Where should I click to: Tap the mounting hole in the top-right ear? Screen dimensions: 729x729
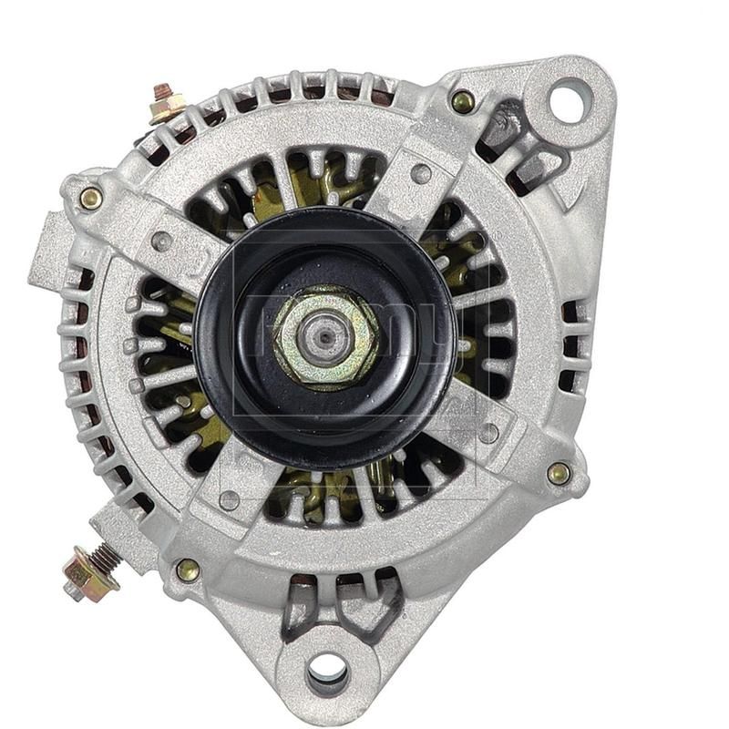569,99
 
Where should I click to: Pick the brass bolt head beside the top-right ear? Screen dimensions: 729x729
463,100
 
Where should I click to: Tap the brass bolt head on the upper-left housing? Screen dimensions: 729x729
91,198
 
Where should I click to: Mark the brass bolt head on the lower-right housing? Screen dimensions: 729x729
559,473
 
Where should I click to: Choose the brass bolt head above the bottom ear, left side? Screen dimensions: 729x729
188,570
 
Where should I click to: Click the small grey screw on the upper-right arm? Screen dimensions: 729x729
421,173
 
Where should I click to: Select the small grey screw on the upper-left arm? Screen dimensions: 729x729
161,241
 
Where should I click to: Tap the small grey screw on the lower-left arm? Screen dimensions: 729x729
230,499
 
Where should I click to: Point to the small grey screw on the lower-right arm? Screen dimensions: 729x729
488,432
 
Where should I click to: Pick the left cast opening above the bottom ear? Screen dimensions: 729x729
299,604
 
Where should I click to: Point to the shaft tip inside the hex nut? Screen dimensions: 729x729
325,336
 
